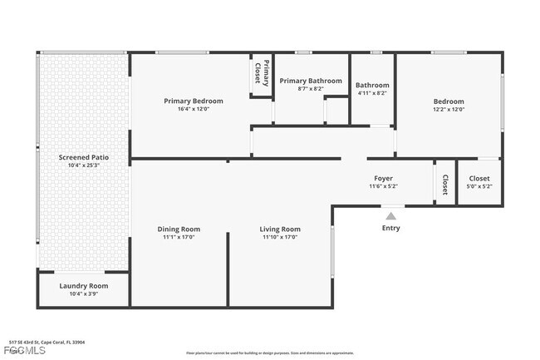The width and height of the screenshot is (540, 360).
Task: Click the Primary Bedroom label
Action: (194, 101)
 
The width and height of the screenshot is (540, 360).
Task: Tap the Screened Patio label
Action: (83, 157)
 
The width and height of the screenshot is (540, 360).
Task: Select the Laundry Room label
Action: (83, 286)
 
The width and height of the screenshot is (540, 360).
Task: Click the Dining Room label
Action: (179, 229)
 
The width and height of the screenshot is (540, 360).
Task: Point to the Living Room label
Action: (280, 229)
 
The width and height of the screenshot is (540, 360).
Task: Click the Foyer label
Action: (383, 178)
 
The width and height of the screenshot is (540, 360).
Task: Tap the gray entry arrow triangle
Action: (390, 215)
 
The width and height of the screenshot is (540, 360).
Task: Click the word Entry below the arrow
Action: (390, 228)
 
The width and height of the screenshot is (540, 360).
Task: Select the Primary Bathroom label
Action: (310, 81)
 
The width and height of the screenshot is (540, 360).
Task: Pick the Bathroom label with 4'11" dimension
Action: (372, 85)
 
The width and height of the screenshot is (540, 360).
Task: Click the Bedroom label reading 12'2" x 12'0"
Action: (448, 101)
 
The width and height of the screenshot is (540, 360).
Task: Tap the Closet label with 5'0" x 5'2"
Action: (479, 178)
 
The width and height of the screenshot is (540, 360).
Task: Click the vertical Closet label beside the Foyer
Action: (444, 184)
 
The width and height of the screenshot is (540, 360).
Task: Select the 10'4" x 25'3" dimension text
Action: (83, 165)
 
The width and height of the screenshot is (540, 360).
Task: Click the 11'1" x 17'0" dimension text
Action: (179, 238)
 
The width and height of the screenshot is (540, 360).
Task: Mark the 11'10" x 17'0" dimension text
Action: (280, 238)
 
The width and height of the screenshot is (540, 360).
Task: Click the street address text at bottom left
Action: (47, 342)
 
